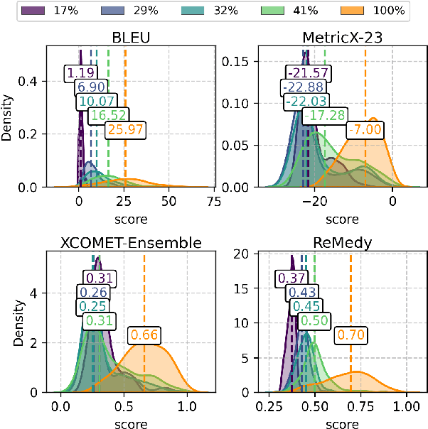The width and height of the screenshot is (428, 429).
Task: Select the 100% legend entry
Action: pyautogui.click(x=374, y=11)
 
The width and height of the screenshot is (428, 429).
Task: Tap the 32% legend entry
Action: pyautogui.click(x=210, y=11)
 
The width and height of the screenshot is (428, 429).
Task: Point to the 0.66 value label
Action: pyautogui.click(x=144, y=335)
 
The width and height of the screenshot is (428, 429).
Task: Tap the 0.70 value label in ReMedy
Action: pyautogui.click(x=351, y=335)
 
